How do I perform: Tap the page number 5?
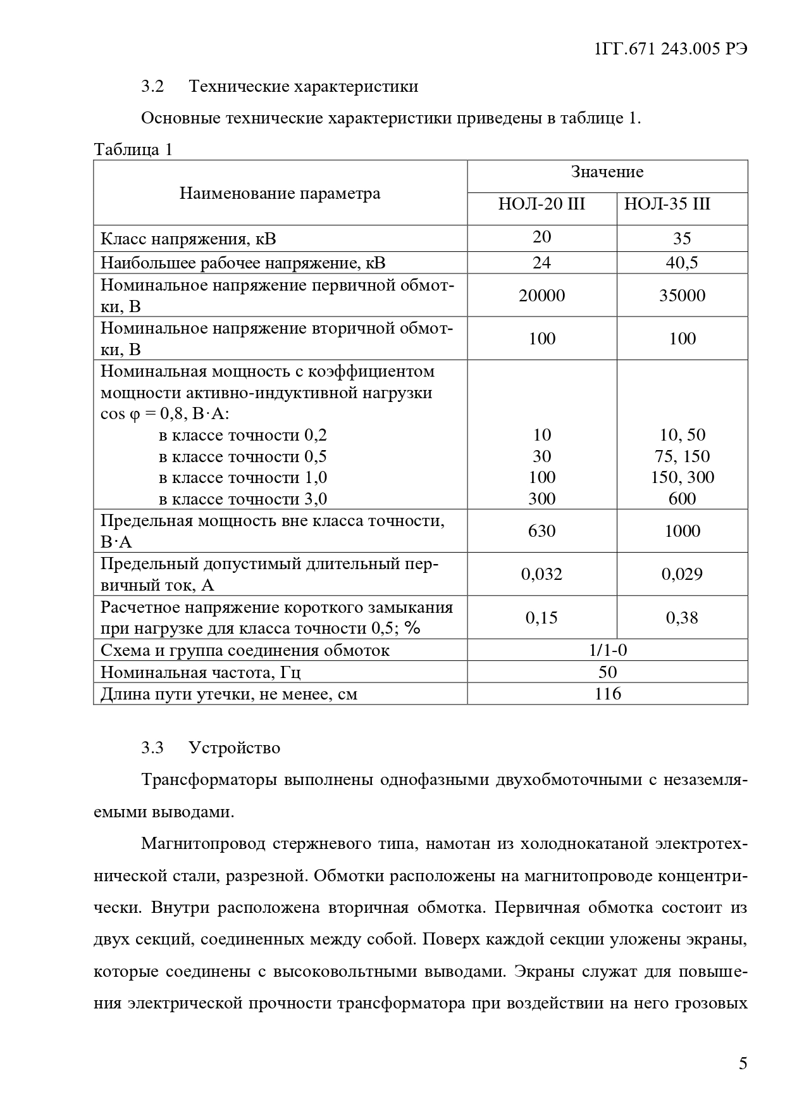tap(743, 1063)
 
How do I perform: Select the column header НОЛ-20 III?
tap(541, 204)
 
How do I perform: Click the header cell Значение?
tap(607, 172)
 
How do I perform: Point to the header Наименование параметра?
tap(280, 193)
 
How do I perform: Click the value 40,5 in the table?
tap(682, 263)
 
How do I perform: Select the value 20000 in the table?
tap(541, 296)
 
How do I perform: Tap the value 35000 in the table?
tap(682, 296)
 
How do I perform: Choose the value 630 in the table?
tap(541, 530)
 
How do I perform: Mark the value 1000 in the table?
tap(682, 530)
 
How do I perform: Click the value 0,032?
tap(541, 574)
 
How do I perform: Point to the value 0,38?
tap(682, 618)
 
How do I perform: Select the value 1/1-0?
tap(607, 650)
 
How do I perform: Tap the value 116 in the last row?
tap(607, 694)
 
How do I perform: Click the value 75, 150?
tap(682, 456)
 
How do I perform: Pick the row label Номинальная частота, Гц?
tap(206, 672)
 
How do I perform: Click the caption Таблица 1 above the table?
tap(133, 150)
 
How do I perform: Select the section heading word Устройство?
tap(234, 748)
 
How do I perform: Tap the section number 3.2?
tap(152, 87)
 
